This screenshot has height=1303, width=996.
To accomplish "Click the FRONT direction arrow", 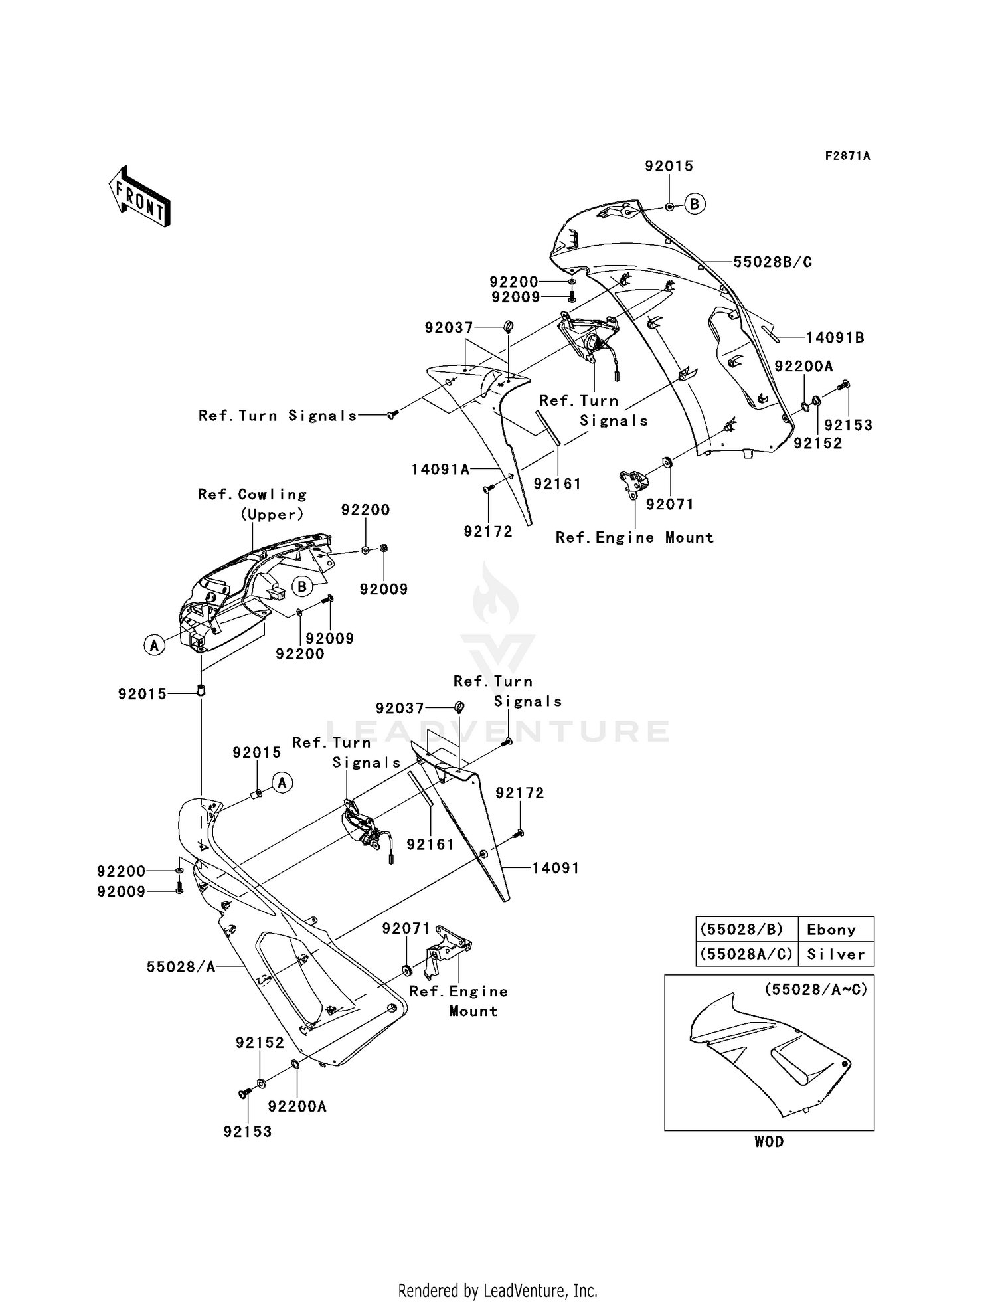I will click(140, 197).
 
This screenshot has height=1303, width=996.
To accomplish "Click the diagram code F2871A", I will click(847, 156).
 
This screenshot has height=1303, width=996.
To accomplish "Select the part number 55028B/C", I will click(772, 262).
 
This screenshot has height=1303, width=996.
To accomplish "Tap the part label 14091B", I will click(835, 338).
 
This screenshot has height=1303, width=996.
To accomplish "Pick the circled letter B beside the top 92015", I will click(695, 204).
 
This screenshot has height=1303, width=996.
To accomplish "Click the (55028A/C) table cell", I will click(746, 954).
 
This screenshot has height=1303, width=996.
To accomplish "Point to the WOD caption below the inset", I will click(769, 1142).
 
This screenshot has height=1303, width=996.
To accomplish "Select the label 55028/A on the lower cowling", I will click(181, 967).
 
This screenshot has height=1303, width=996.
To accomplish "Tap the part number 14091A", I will click(440, 470).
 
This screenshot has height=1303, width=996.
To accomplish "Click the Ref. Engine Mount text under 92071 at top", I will click(634, 537).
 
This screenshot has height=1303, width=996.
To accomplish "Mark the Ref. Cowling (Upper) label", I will click(252, 504).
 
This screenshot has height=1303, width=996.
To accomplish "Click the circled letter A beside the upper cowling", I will click(155, 644).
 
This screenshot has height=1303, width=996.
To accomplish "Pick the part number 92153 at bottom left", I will click(248, 1132).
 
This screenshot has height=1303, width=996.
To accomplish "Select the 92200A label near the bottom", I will click(297, 1106).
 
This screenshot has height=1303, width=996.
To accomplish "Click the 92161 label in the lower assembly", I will click(430, 844).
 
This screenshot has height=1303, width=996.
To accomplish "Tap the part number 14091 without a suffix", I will click(555, 868).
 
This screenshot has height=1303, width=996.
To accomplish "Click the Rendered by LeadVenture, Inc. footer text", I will click(497, 1290).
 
